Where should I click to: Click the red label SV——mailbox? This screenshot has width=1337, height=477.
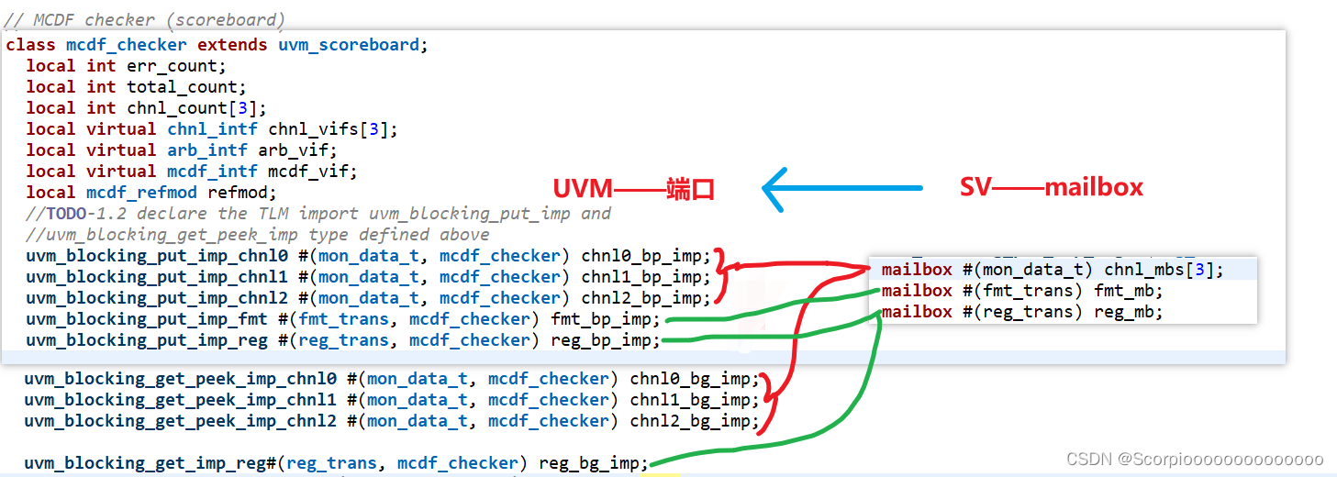coord(1052,188)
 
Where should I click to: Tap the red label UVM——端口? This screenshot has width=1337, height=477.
coord(633,190)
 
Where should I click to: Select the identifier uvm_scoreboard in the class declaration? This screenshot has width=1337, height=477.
coord(351,45)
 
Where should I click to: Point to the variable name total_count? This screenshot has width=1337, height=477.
coord(188,87)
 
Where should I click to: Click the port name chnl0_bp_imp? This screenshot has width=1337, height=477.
coord(641,256)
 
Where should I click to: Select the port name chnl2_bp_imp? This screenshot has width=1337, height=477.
coord(641,298)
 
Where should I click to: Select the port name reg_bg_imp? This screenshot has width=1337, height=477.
coord(594,463)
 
